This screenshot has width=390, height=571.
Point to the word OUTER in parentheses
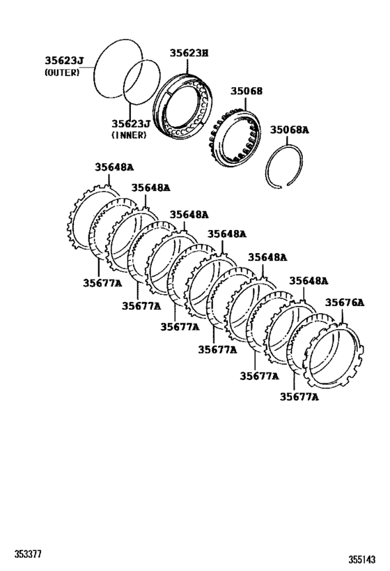[x=62, y=73]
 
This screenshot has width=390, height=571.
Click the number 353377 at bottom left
[x=29, y=554]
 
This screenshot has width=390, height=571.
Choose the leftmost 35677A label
[x=102, y=282]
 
